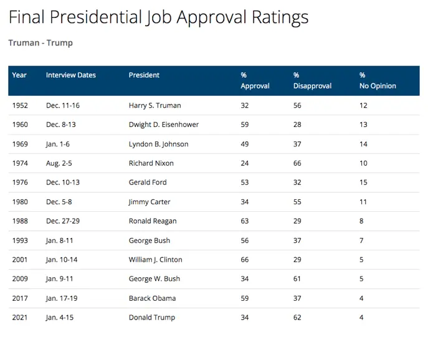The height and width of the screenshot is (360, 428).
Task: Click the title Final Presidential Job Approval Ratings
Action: [x=158, y=17]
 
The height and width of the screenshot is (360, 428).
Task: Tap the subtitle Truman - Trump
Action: [x=40, y=43]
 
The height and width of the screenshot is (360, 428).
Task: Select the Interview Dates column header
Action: [x=71, y=75]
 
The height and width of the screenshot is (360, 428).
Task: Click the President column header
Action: [x=144, y=75]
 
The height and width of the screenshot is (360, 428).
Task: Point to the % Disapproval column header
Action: [x=312, y=81]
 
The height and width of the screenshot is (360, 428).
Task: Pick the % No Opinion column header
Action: [x=378, y=81]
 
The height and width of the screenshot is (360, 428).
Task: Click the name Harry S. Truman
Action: [x=155, y=106]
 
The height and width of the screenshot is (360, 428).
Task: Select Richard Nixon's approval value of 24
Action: [x=245, y=164]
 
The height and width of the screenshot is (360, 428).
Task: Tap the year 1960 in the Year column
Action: [x=20, y=125]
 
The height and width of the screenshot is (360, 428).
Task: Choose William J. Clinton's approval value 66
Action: [x=245, y=260]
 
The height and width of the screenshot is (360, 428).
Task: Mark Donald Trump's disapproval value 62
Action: [x=297, y=318]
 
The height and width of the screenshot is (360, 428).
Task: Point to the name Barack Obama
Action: [x=152, y=299]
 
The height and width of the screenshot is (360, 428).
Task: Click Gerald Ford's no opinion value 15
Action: [x=363, y=183]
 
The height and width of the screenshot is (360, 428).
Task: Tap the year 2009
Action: [x=20, y=280]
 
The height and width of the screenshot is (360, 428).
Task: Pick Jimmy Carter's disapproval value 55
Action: [x=297, y=202]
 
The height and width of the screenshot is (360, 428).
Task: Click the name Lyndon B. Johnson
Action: [x=158, y=144]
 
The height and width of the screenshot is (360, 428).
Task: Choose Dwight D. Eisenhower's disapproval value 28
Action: [x=297, y=125]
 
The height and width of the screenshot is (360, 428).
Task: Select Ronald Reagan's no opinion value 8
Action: [x=361, y=222]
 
